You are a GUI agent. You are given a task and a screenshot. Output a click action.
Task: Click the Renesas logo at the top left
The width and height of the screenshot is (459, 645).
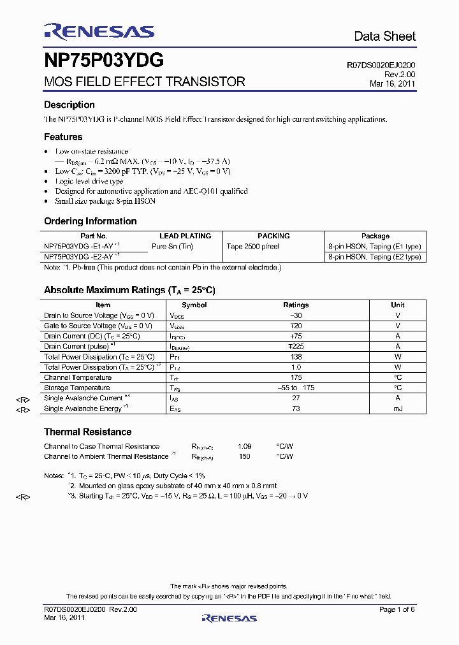click(x=99, y=31)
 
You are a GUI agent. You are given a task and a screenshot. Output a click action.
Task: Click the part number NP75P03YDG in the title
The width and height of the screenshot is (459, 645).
click(x=104, y=61)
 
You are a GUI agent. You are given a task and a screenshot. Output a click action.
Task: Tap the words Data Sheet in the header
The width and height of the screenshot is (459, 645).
click(x=384, y=36)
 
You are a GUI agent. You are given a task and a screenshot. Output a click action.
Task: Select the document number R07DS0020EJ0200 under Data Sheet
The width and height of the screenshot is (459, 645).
click(x=381, y=65)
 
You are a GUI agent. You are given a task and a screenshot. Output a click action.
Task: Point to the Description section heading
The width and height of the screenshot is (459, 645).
click(x=69, y=105)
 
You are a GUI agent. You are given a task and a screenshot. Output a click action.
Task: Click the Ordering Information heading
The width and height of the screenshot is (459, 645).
click(x=91, y=221)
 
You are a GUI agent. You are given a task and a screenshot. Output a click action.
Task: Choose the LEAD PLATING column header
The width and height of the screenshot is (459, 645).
click(x=186, y=236)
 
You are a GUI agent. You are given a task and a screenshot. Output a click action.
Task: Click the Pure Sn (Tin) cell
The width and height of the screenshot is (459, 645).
click(x=172, y=246)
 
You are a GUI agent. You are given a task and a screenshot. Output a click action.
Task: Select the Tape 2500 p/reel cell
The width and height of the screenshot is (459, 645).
click(x=253, y=246)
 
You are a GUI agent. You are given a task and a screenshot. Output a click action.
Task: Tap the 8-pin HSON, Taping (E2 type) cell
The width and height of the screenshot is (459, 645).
click(x=375, y=257)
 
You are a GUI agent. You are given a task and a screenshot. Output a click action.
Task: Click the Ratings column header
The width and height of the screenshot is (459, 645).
click(x=296, y=305)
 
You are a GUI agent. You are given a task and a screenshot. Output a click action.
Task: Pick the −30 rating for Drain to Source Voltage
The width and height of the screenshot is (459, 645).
click(x=296, y=315)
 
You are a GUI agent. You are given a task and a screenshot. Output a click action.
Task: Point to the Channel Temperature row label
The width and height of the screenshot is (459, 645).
click(x=78, y=377)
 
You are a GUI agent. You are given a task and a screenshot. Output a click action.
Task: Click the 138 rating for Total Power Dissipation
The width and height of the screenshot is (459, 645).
click(x=296, y=357)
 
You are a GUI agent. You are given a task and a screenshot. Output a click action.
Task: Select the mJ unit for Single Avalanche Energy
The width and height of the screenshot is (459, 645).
click(x=398, y=409)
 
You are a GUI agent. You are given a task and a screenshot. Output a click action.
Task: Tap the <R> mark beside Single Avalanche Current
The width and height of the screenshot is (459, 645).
click(x=23, y=399)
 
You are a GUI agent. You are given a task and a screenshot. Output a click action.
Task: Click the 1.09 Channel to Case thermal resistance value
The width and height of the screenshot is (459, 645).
click(x=244, y=446)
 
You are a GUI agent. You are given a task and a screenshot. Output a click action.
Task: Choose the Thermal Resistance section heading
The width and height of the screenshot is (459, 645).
click(x=88, y=431)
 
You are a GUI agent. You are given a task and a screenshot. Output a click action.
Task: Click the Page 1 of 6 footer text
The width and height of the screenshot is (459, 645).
click(x=397, y=610)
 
